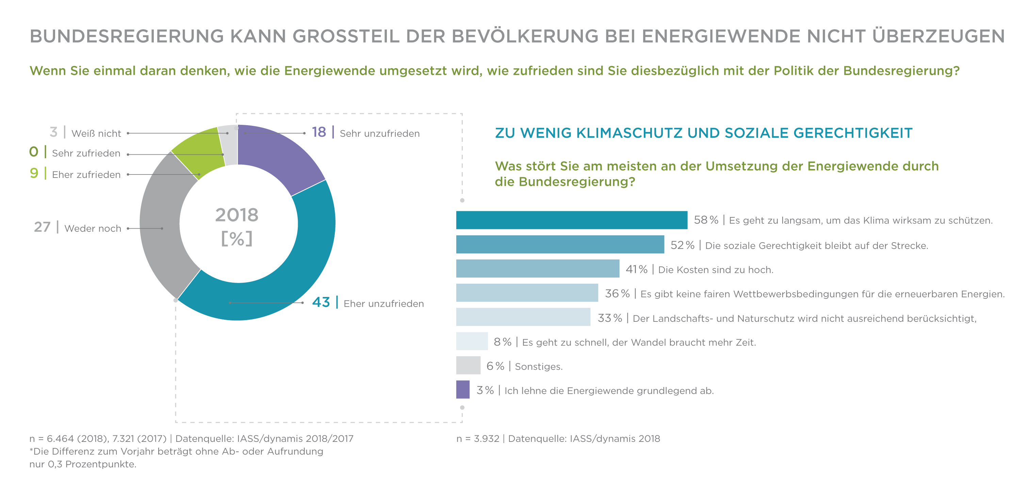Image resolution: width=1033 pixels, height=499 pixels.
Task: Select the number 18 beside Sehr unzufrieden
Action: (x=319, y=132)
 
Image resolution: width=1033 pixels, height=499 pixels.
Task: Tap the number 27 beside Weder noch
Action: (x=42, y=227)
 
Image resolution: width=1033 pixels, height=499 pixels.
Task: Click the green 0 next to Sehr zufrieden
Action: (x=34, y=152)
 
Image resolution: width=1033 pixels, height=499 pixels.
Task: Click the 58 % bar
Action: (x=571, y=220)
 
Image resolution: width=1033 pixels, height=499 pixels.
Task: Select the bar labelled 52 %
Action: (x=560, y=245)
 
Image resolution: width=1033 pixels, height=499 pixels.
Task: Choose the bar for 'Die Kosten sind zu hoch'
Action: (x=537, y=268)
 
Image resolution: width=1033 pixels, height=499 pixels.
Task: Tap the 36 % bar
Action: (x=527, y=293)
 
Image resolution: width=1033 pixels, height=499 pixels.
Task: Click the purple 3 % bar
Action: (x=463, y=389)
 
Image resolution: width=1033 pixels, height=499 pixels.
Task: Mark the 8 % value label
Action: (x=503, y=342)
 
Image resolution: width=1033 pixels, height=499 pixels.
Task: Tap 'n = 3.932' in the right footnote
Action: (x=478, y=439)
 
